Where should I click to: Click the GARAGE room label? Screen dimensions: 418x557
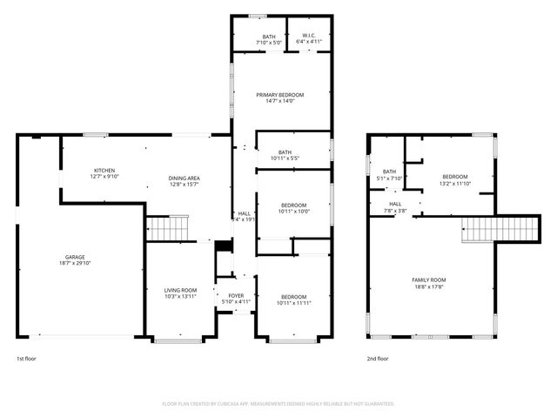(x=75, y=257)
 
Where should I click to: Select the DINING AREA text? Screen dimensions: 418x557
(x=184, y=179)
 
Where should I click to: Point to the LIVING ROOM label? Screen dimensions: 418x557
(x=181, y=290)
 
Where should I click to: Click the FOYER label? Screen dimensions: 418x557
(x=236, y=296)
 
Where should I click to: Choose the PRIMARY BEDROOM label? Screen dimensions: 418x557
(x=280, y=94)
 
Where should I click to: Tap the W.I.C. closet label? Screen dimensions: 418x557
(x=309, y=36)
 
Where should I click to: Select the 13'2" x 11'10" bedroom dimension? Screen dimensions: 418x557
(x=454, y=184)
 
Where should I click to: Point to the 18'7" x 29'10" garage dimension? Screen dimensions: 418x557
(x=75, y=263)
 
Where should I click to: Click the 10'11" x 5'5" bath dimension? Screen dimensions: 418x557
(x=284, y=158)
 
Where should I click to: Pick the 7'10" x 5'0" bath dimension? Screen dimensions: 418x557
(x=269, y=42)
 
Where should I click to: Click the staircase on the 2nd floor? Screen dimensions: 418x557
(x=478, y=230)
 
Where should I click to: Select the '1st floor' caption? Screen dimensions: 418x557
(x=26, y=358)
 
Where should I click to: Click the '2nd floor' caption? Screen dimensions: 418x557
(x=378, y=358)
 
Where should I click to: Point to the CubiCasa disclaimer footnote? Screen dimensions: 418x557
(x=278, y=404)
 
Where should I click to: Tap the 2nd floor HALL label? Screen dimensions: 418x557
(x=396, y=204)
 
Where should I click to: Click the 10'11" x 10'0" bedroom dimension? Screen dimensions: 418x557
(x=293, y=211)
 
